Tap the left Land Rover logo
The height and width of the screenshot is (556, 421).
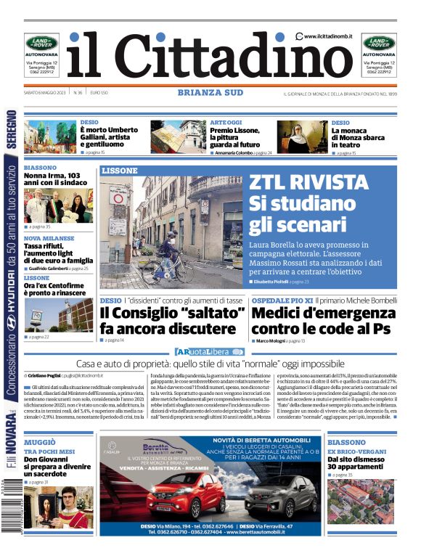[41, 43]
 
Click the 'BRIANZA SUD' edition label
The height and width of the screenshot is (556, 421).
[210, 92]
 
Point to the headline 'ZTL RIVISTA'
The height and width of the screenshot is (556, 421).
[308, 183]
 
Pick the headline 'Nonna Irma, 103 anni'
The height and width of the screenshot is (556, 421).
[55, 179]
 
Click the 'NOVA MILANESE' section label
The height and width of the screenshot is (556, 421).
[49, 238]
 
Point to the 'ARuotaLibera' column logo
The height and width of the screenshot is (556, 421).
[210, 352]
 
